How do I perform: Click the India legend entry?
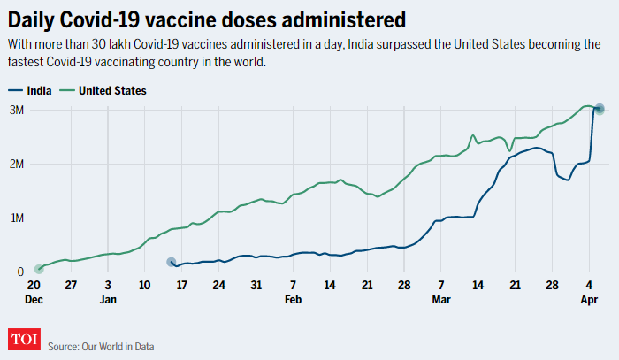pos(37,90)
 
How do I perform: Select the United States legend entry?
pos(111,90)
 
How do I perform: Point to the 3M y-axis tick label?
pos(17,110)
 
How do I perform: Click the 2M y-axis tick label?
pos(17,165)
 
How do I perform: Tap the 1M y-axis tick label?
pos(17,218)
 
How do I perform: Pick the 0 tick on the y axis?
pos(20,272)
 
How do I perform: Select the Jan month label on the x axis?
pos(108,300)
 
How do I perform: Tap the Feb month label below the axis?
pos(294,300)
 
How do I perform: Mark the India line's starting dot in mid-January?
pos(172,262)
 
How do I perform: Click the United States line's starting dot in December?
pos(39,269)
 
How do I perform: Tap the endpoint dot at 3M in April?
pos(599,109)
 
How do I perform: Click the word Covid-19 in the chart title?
pos(100,19)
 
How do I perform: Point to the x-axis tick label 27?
pos(72,286)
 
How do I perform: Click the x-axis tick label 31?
pos(256,286)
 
